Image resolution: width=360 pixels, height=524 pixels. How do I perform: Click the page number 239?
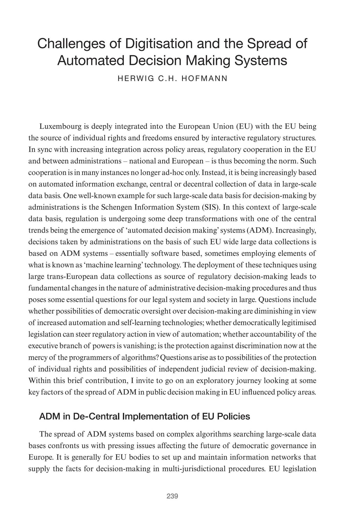tap(172, 496)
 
